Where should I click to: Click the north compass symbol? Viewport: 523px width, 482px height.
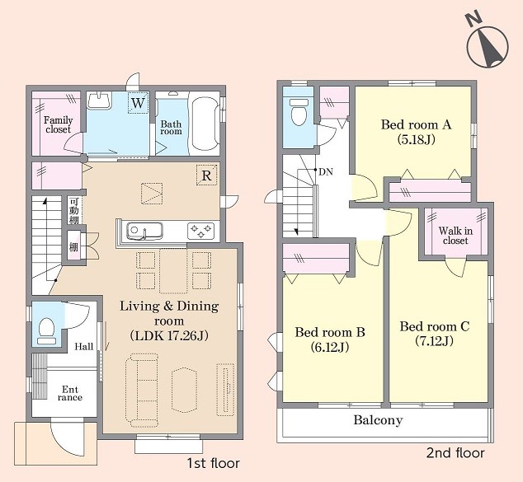tap(488, 44)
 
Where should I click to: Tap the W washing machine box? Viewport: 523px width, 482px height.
tap(138, 103)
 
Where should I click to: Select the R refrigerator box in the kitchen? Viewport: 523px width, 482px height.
tap(207, 175)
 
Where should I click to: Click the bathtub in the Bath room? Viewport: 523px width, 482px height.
tap(205, 124)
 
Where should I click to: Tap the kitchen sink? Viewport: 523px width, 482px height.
tap(144, 231)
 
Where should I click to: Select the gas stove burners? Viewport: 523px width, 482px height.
tap(200, 231)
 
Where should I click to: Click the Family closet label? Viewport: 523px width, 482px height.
tap(58, 124)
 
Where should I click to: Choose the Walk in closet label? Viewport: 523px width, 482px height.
tap(455, 235)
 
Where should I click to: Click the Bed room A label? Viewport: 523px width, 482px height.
tap(416, 124)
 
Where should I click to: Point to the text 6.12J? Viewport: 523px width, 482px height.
tap(330, 347)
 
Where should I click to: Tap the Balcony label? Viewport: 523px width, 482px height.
tap(378, 420)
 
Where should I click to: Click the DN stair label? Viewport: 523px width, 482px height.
tap(326, 172)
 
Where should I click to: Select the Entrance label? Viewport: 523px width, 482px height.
tap(70, 393)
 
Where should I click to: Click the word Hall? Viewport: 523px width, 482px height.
tap(83, 347)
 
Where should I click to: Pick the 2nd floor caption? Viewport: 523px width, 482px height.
tap(455, 453)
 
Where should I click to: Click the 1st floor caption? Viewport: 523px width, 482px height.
tap(213, 463)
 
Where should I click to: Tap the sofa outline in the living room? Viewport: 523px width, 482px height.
tap(141, 391)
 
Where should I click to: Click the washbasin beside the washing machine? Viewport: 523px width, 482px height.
tap(99, 101)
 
